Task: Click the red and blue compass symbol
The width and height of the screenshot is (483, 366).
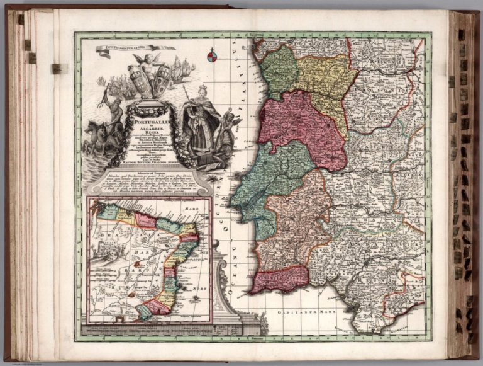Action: click(213, 57)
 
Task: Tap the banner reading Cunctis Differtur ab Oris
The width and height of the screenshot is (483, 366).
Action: click(135, 48)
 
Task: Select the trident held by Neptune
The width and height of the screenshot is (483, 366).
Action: click(103, 94)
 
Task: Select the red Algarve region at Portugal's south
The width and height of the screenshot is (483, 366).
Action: click(277, 278)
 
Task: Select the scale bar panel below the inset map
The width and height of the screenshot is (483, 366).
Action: click(145, 329)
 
